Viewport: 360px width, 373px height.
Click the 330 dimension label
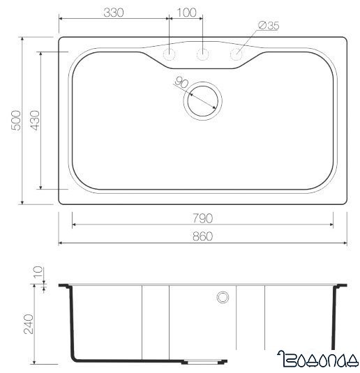[x=112, y=12]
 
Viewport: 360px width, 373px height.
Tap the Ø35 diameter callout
[x=269, y=26]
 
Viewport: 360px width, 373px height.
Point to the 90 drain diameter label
[x=183, y=83]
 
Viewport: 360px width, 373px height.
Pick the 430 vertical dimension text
[x=31, y=120]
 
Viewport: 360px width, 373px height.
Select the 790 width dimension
[x=202, y=218]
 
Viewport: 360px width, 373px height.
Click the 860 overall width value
[x=202, y=237]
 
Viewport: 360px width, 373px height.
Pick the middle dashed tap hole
[x=203, y=54]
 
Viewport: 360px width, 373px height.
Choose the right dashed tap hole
[x=237, y=54]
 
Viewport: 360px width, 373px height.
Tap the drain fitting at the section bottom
[x=204, y=361]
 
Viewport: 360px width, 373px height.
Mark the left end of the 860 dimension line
[x=59, y=243]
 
